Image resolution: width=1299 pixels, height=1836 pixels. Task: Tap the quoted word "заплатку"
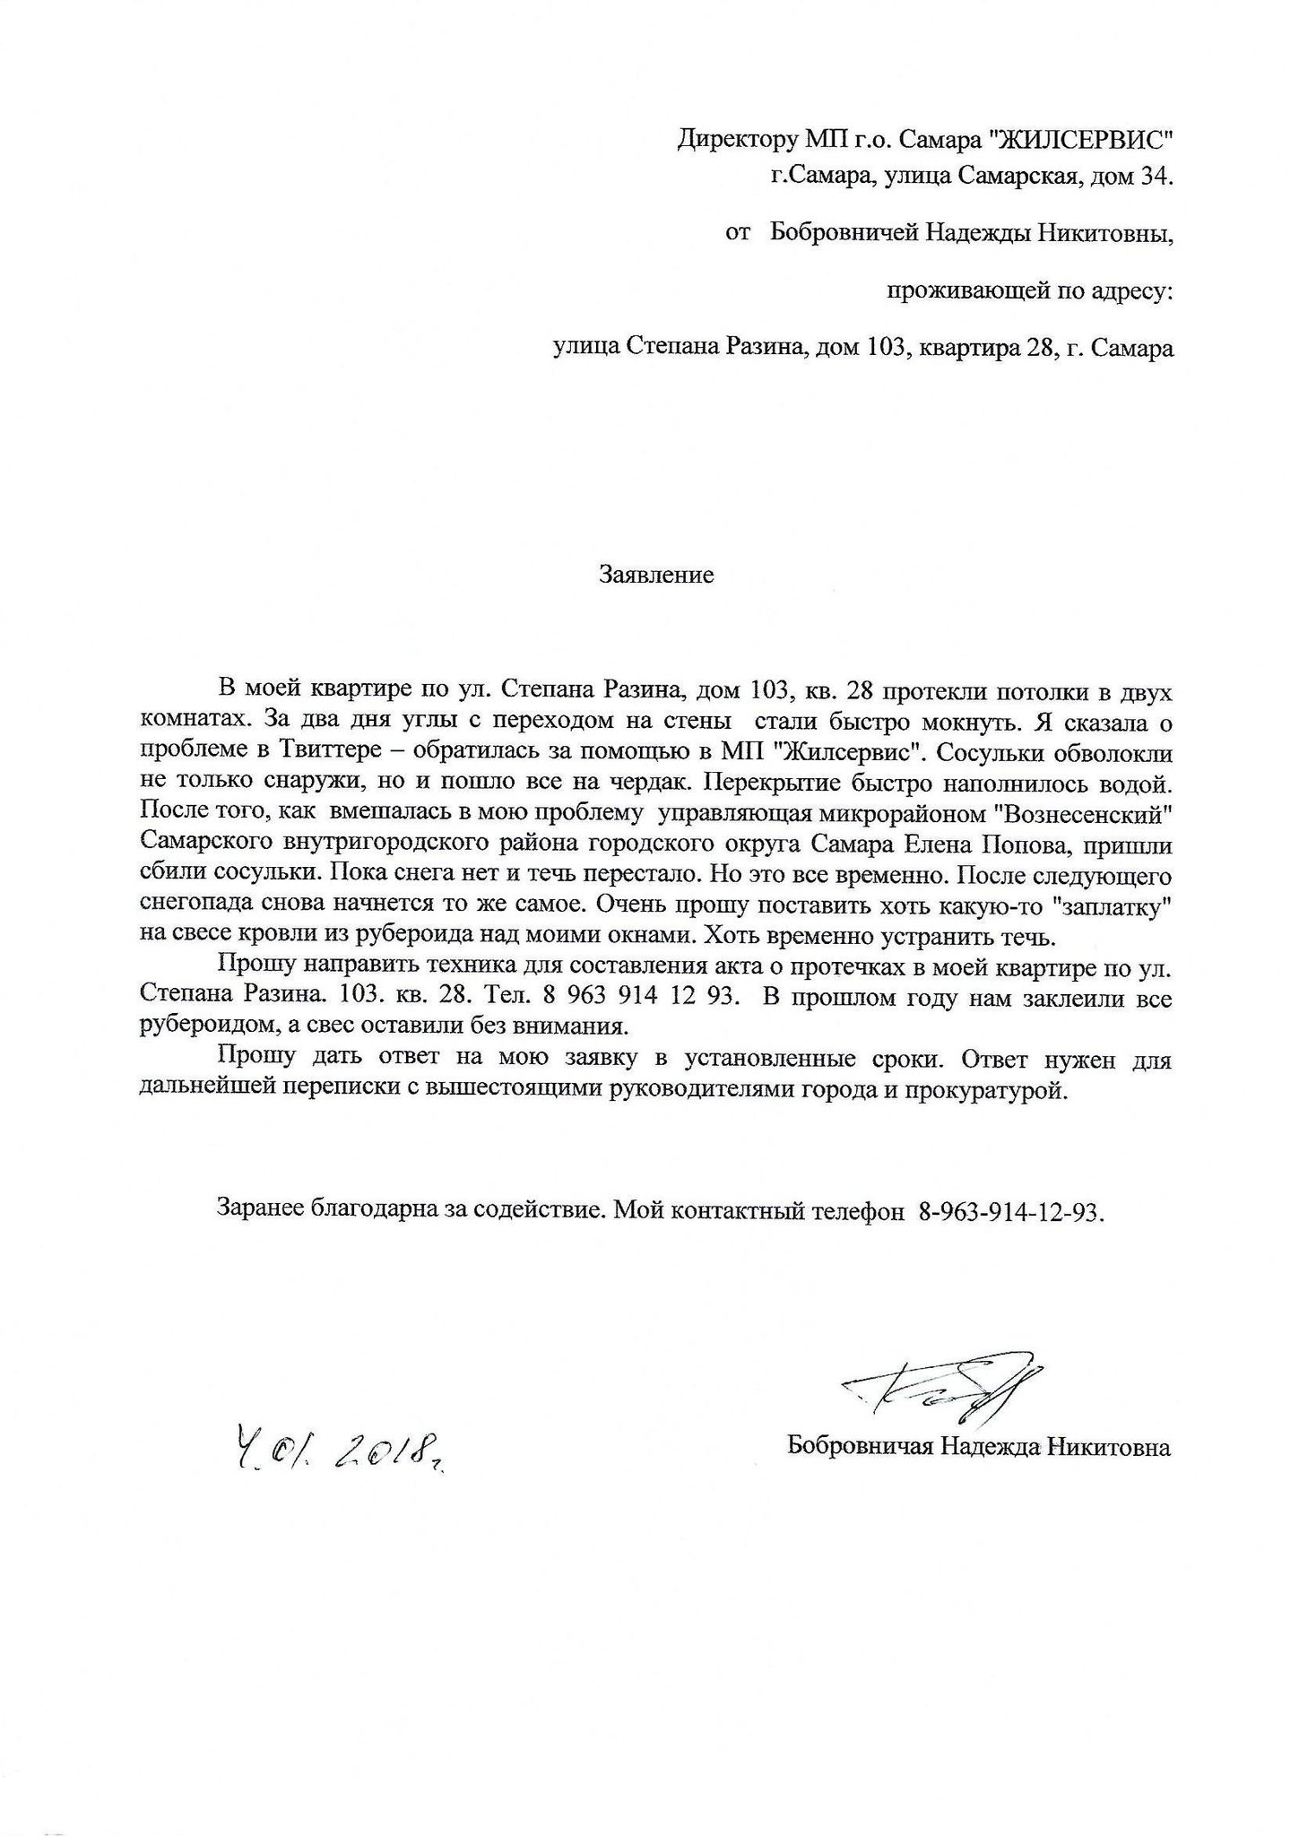point(1112,906)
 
